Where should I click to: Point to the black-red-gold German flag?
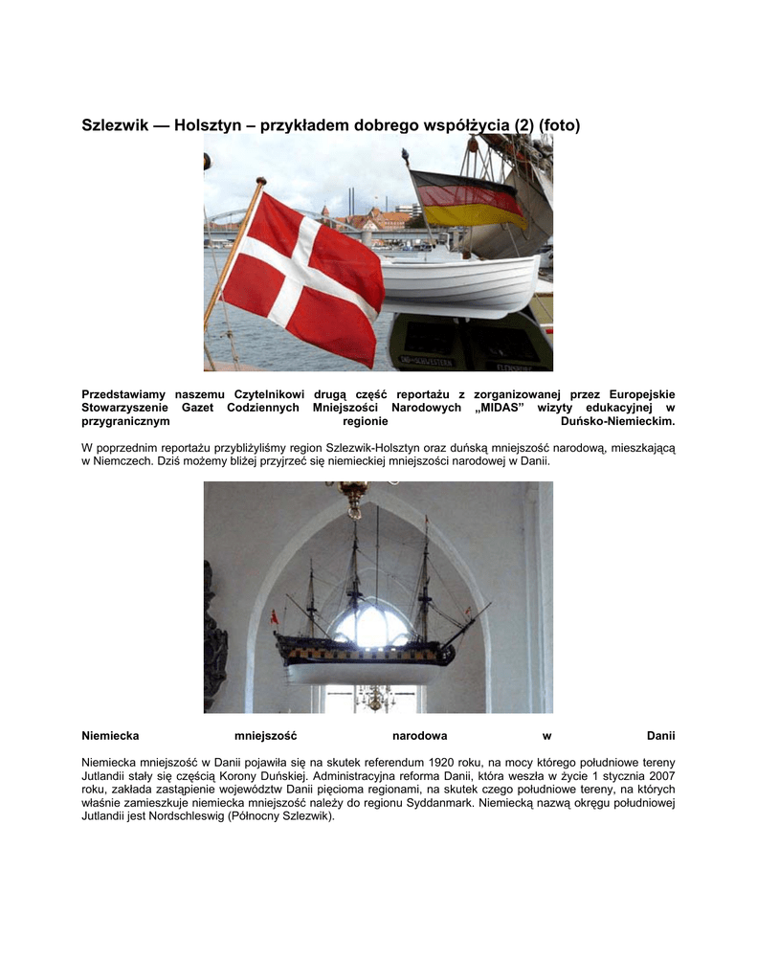point(468,199)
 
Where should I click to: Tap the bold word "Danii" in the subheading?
point(660,736)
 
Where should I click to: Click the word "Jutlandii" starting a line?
point(106,775)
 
